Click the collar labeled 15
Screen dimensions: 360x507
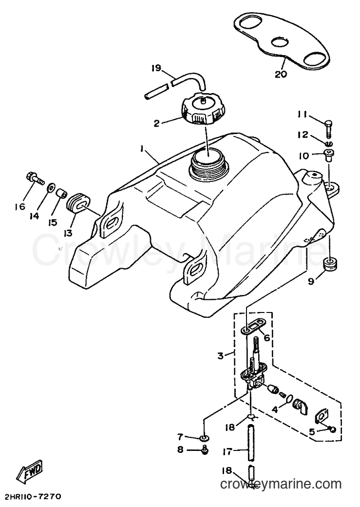[x=61, y=194]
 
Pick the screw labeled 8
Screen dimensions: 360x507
[x=204, y=449]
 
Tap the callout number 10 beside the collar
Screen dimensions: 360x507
[x=303, y=156]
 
